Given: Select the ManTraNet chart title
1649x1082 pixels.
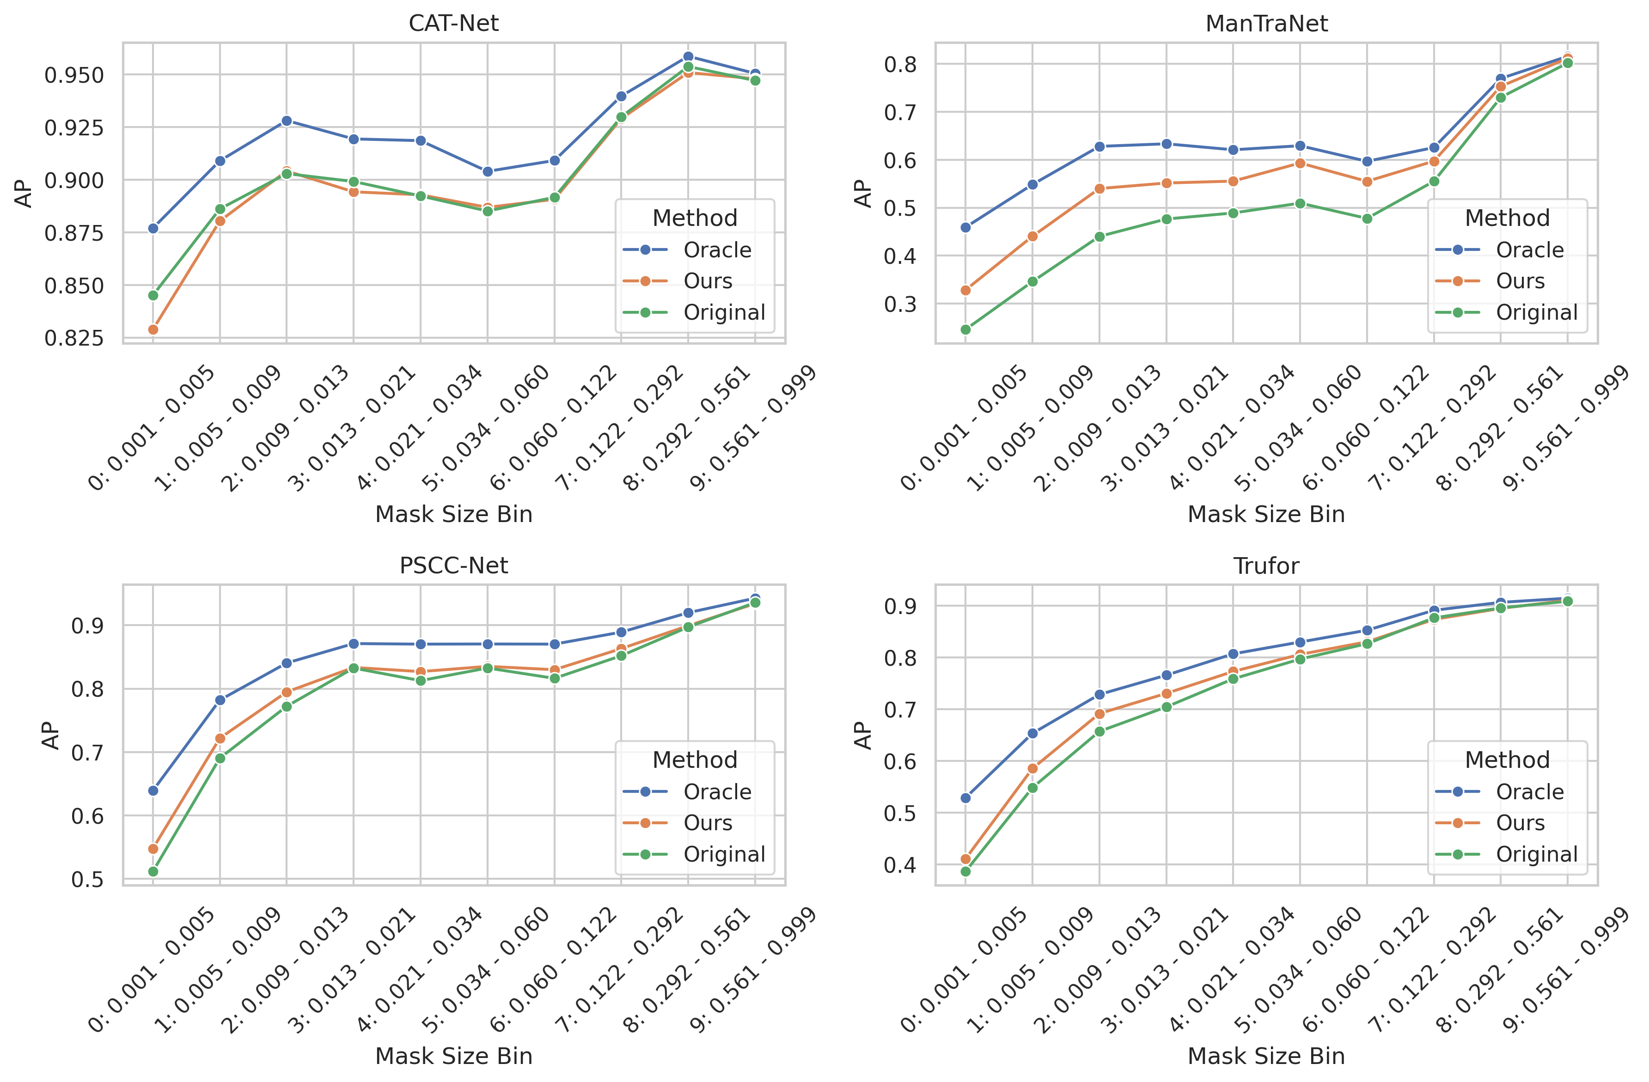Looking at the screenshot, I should (x=1266, y=24).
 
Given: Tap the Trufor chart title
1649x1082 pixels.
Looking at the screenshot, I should (x=1266, y=566).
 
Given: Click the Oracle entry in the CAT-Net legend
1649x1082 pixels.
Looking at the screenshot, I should (x=717, y=250).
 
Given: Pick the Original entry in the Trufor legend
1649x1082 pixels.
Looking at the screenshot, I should (x=1537, y=854).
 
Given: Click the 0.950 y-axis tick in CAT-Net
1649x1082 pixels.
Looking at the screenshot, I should (x=74, y=75).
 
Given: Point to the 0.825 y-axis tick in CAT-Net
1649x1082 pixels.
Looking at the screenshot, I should (x=74, y=338).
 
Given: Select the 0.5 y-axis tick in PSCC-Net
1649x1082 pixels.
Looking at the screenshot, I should (x=87, y=880).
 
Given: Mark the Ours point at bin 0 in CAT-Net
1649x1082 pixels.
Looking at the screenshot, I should (x=153, y=330).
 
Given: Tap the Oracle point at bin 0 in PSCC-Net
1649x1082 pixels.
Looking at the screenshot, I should (x=153, y=790).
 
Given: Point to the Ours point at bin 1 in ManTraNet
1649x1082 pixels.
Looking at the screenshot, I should (x=1032, y=236).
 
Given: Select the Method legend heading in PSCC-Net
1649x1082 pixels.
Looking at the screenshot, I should (x=694, y=760).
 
